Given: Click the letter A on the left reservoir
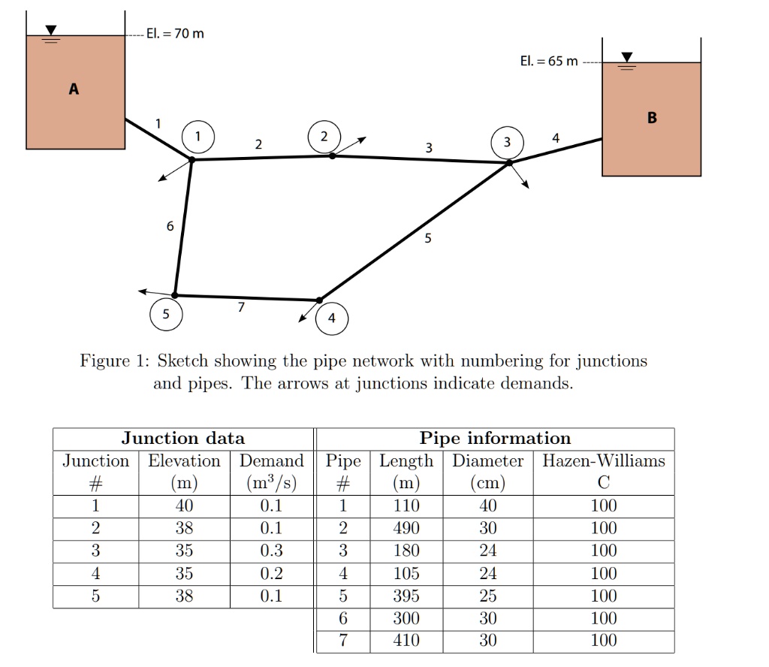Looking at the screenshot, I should pyautogui.click(x=74, y=89).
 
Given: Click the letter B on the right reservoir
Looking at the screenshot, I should pyautogui.click(x=651, y=118).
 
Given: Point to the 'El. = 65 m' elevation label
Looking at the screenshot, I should pyautogui.click(x=549, y=61).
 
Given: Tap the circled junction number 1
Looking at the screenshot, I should pyautogui.click(x=198, y=137).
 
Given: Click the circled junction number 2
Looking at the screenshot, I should pyautogui.click(x=324, y=137).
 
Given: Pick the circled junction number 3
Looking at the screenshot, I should pyautogui.click(x=507, y=142).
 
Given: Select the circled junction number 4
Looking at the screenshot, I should pyautogui.click(x=332, y=318).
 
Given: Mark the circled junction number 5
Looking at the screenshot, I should pyautogui.click(x=166, y=314).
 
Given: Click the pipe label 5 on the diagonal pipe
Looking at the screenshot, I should pyautogui.click(x=428, y=239).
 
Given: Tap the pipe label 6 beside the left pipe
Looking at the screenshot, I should pyautogui.click(x=170, y=225).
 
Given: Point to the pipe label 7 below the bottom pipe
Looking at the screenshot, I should pyautogui.click(x=240, y=306).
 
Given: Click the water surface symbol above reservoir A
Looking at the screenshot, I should pyautogui.click(x=51, y=32).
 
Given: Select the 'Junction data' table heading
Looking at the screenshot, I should pyautogui.click(x=182, y=438).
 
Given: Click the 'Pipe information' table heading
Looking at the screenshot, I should pyautogui.click(x=495, y=438).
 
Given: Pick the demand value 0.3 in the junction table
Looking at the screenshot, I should pyautogui.click(x=270, y=551).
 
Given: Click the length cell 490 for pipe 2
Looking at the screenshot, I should pyautogui.click(x=406, y=528).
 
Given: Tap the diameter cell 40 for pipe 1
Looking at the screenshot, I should pyautogui.click(x=487, y=506).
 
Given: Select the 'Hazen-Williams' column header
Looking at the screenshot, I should pyautogui.click(x=604, y=460).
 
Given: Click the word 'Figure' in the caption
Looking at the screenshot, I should pyautogui.click(x=104, y=361).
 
